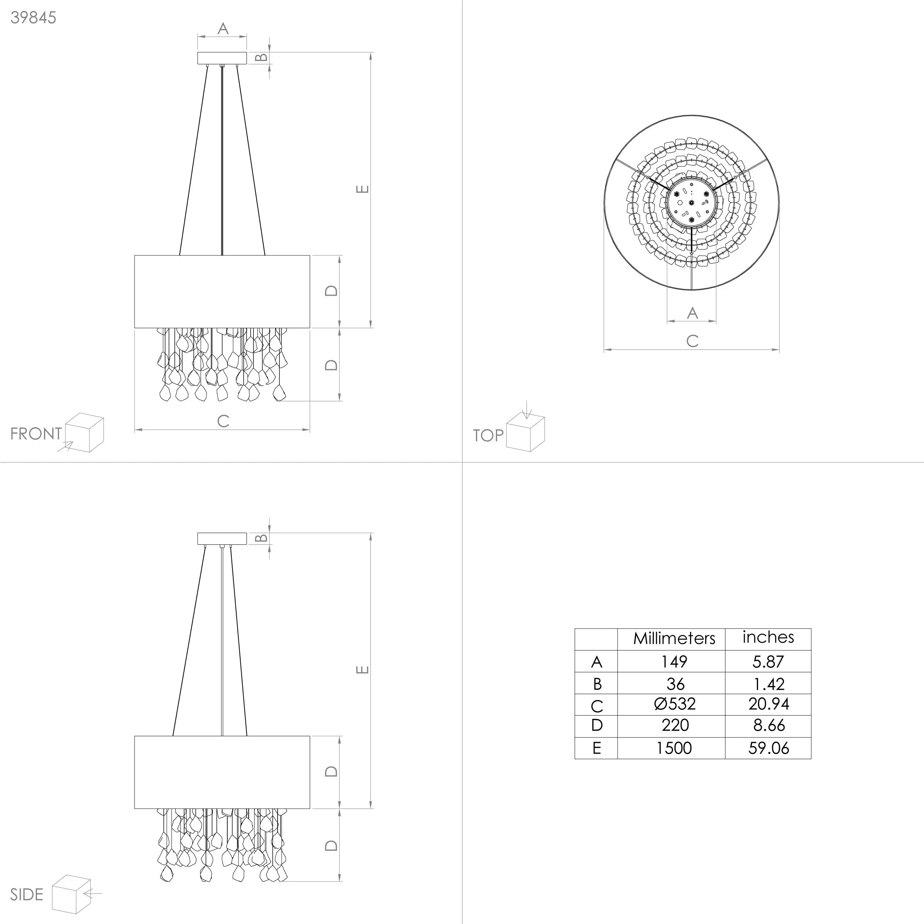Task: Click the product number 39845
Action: click(x=34, y=18)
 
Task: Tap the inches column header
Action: click(x=768, y=637)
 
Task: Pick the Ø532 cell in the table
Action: click(x=675, y=704)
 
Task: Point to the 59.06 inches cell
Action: click(x=768, y=748)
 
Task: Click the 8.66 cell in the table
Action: click(x=769, y=726)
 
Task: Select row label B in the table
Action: click(x=597, y=684)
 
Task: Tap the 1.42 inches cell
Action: click(x=769, y=684)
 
